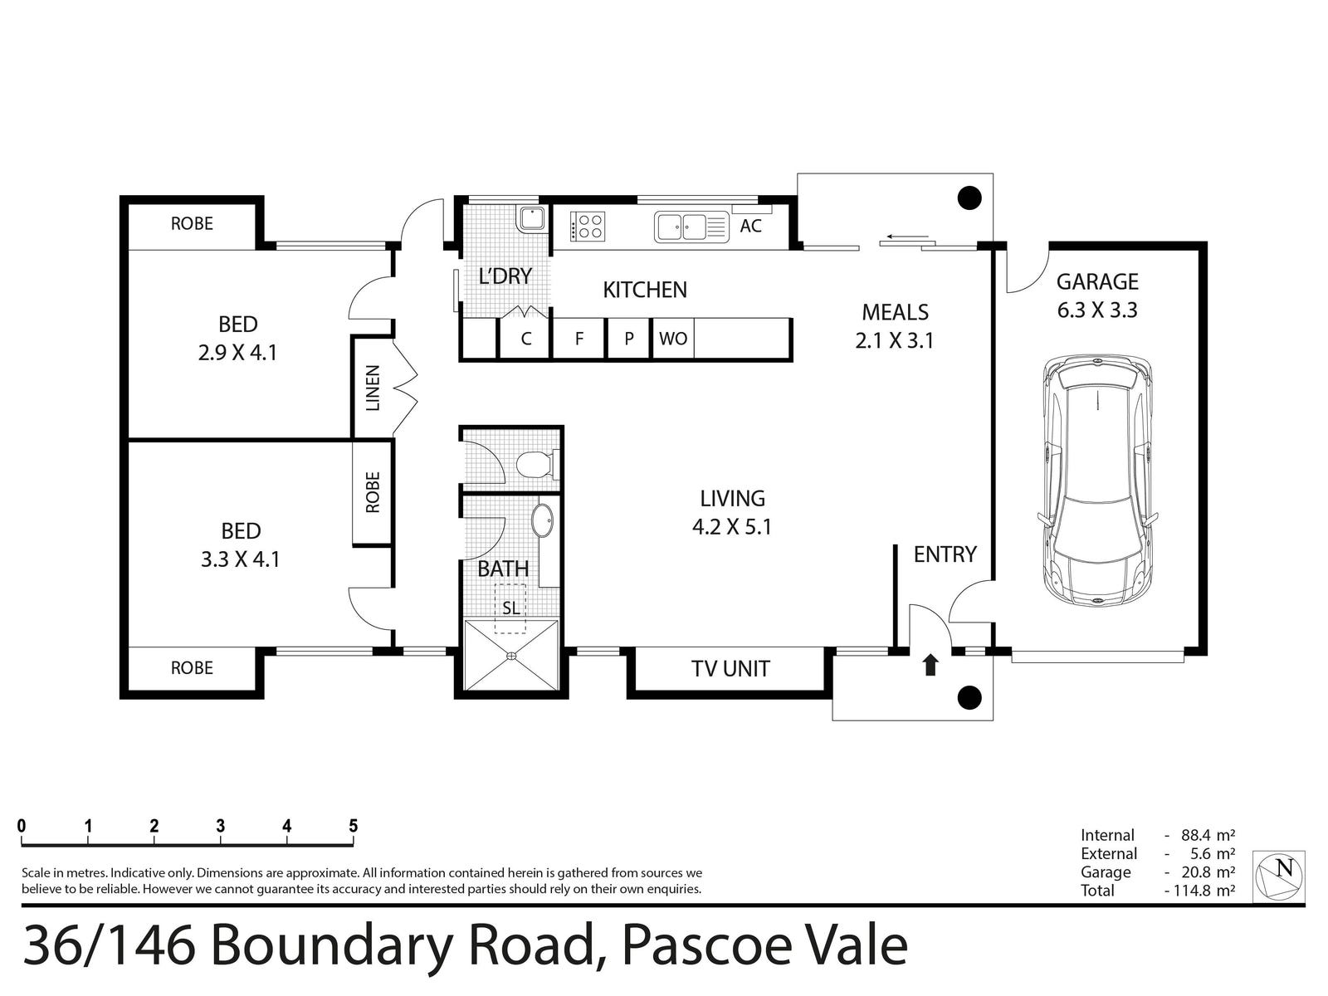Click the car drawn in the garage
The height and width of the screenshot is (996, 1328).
click(x=1097, y=481)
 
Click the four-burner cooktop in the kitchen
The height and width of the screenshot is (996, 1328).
click(x=586, y=227)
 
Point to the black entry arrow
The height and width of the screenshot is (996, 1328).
click(x=930, y=665)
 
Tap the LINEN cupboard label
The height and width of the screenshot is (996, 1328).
click(x=373, y=388)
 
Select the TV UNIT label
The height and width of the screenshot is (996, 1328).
click(x=730, y=669)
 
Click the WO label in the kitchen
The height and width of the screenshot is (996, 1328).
click(x=673, y=339)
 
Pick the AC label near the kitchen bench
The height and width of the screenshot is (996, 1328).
click(x=751, y=226)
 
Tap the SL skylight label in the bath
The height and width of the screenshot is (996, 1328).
click(x=511, y=608)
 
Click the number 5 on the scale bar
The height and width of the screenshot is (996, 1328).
click(x=354, y=826)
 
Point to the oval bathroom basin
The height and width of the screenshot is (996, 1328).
click(x=542, y=520)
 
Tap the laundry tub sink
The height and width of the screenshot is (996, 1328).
click(x=532, y=218)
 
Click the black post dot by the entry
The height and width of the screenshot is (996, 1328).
click(x=969, y=698)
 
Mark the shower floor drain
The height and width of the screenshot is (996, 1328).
click(x=511, y=655)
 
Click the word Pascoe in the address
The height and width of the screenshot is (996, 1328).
click(x=706, y=946)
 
